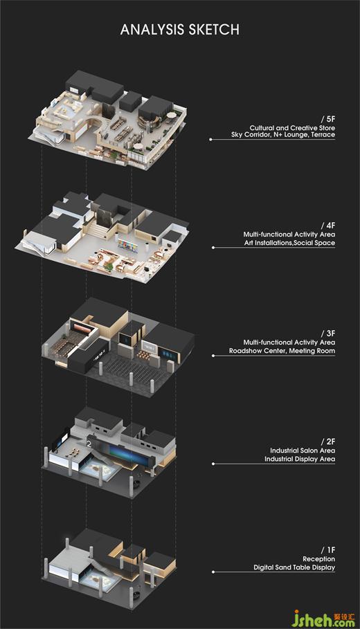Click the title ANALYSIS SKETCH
coord(180,30)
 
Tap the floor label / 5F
coord(328,119)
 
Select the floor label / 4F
coord(328,226)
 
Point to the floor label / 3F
coord(328,334)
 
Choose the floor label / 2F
coord(328,441)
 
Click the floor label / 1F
coord(328,550)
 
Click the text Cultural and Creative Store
coord(292,128)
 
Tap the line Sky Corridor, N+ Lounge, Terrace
coord(283,135)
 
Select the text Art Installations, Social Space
coord(289,243)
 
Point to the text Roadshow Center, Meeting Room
coord(282,351)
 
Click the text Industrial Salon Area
coord(303,450)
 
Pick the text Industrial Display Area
coord(300,459)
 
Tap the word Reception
coord(319,559)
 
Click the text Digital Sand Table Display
coord(294,567)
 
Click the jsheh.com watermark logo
coord(323,618)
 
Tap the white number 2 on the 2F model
coord(89,444)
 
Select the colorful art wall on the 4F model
coord(127,244)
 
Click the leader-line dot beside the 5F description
coord(210,140)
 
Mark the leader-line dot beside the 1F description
coord(213,572)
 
